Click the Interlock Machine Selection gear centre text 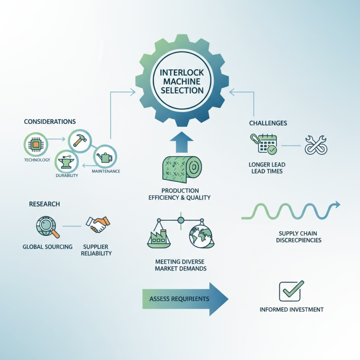(182, 81)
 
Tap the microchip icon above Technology (36, 144)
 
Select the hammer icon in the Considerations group (80, 140)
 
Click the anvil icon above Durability (67, 162)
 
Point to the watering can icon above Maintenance (105, 157)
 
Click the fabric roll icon (182, 170)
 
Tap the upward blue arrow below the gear (182, 142)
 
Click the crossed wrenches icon (316, 145)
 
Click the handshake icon (98, 224)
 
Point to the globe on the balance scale (201, 237)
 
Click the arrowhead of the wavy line (337, 204)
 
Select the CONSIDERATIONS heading (50, 121)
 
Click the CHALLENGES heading (268, 123)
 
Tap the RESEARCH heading (44, 204)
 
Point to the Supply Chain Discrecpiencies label (298, 237)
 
